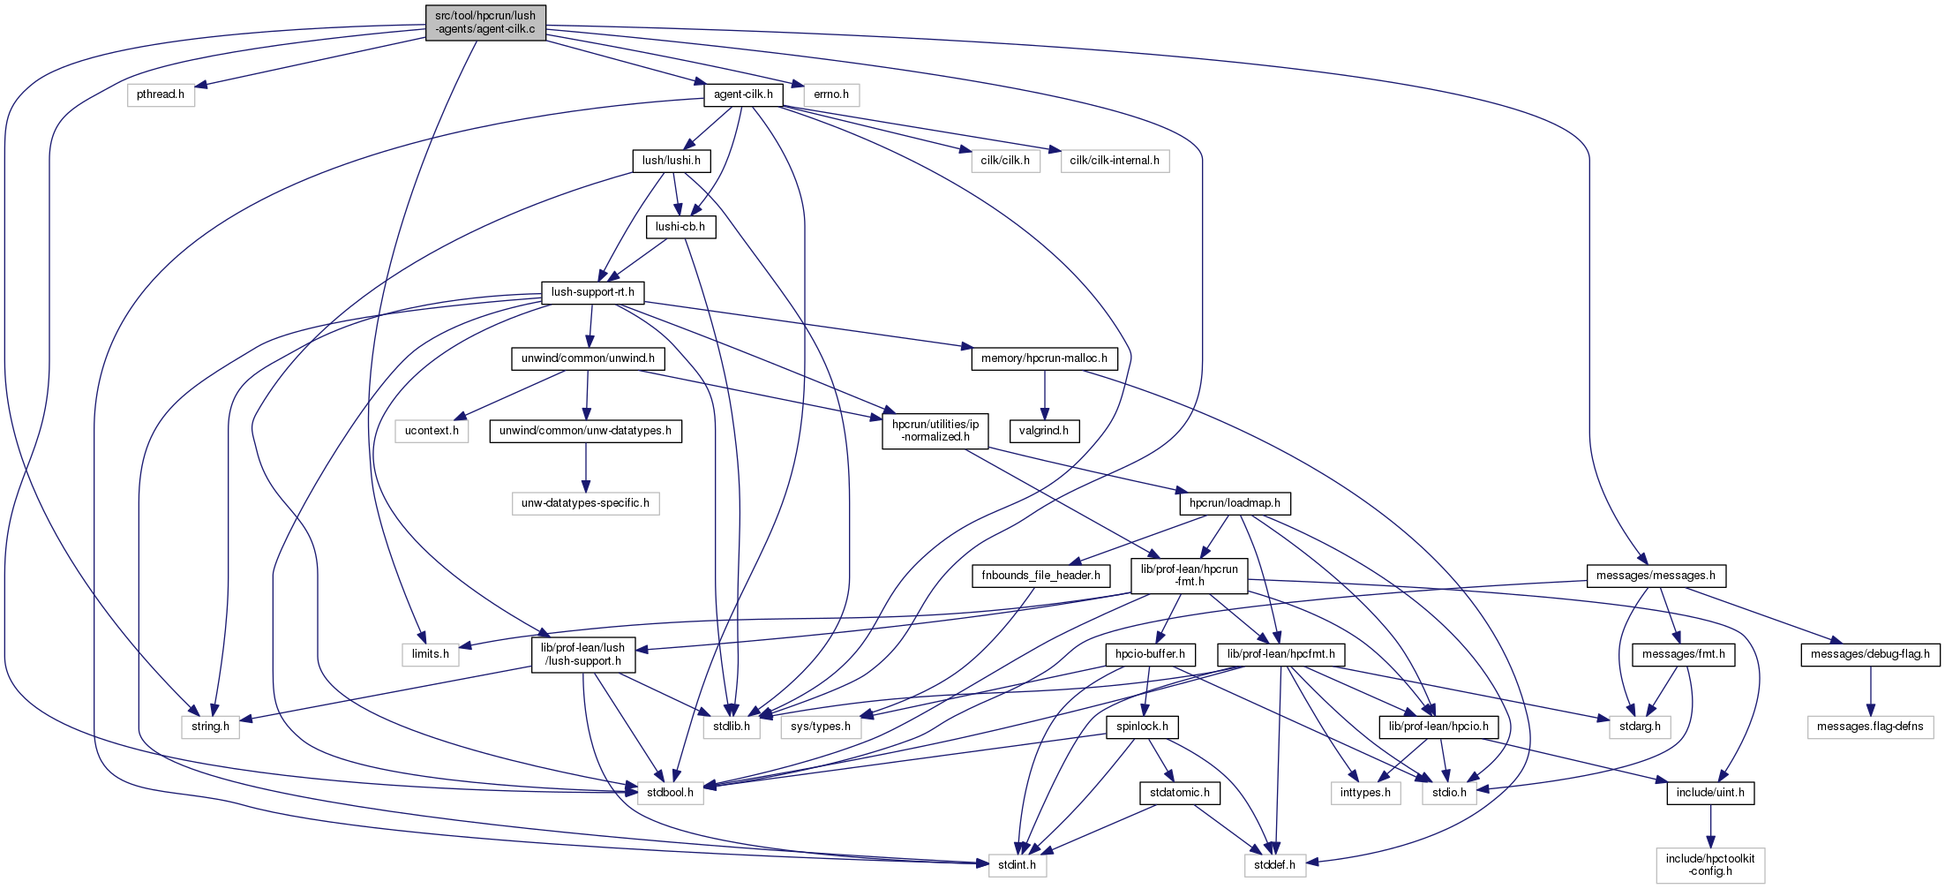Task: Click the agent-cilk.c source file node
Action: pyautogui.click(x=485, y=22)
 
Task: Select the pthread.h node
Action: pyautogui.click(x=161, y=94)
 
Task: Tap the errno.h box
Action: pyautogui.click(x=831, y=94)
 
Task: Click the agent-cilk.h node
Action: pyautogui.click(x=743, y=94)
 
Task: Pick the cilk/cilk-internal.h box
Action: pyautogui.click(x=1115, y=161)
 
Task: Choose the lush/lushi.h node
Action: pyautogui.click(x=672, y=161)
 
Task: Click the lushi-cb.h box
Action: pyautogui.click(x=680, y=227)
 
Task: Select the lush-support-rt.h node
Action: pyautogui.click(x=592, y=292)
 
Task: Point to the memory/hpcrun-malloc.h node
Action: pyautogui.click(x=1044, y=358)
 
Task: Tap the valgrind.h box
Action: pyautogui.click(x=1044, y=431)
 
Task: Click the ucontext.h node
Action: pyautogui.click(x=432, y=431)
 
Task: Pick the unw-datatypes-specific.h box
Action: pyautogui.click(x=585, y=503)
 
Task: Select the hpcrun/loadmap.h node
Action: pyautogui.click(x=1235, y=503)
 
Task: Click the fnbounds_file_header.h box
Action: pyautogui.click(x=1041, y=576)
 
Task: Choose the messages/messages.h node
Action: pyautogui.click(x=1656, y=576)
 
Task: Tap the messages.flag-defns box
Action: pyautogui.click(x=1870, y=727)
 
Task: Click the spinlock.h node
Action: pyautogui.click(x=1142, y=727)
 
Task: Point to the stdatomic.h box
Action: pyautogui.click(x=1180, y=793)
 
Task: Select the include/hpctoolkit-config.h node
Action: pyautogui.click(x=1710, y=864)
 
